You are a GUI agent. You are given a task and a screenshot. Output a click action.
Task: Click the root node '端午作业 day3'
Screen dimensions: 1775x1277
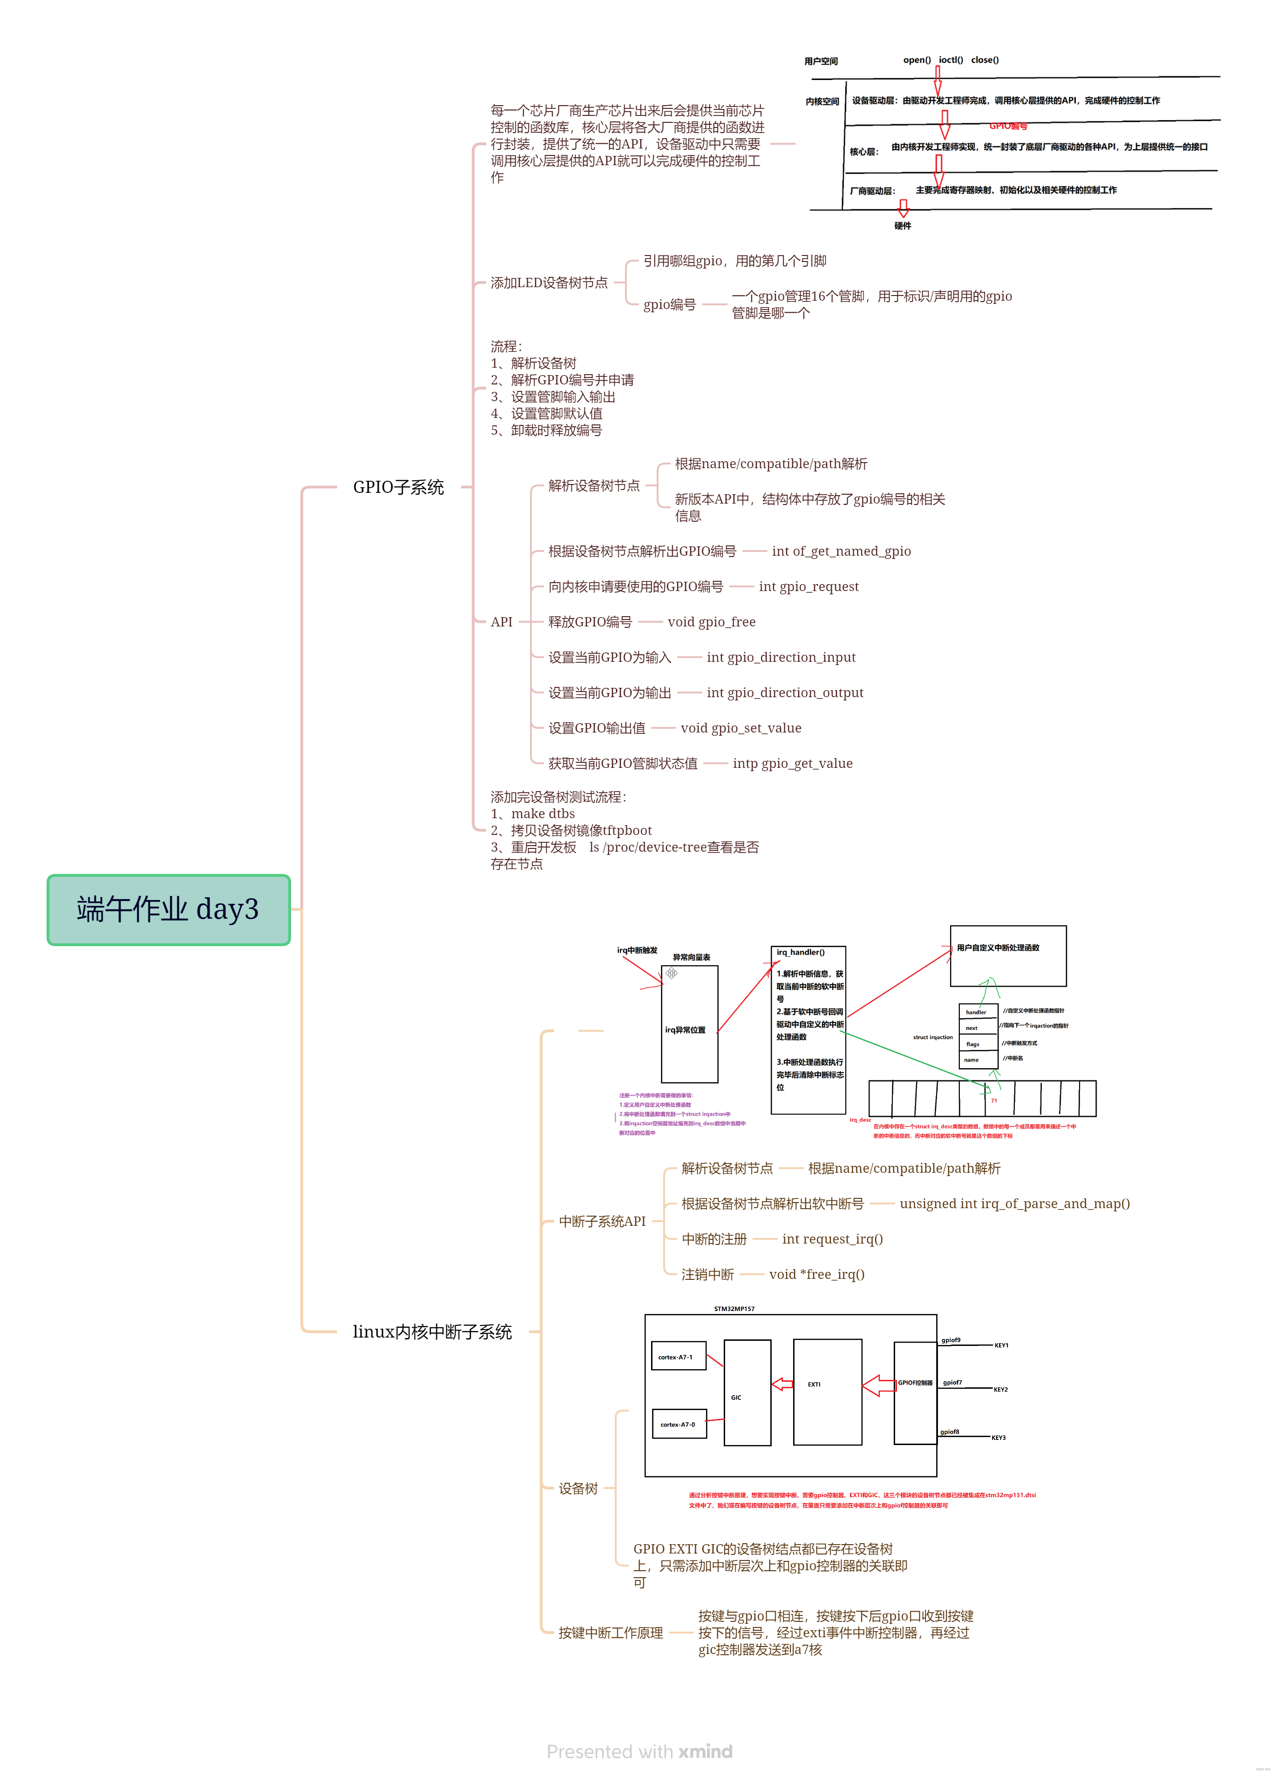[168, 909]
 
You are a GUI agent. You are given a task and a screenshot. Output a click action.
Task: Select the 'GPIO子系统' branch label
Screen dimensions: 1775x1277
[399, 487]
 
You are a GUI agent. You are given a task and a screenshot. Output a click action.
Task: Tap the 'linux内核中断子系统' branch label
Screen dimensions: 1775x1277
[432, 1331]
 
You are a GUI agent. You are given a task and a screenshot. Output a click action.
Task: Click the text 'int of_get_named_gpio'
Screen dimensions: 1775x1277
[841, 551]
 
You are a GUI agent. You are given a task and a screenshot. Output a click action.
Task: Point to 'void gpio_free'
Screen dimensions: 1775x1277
[711, 621]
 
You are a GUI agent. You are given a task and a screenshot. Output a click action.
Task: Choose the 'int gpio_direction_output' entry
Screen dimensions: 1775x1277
[785, 692]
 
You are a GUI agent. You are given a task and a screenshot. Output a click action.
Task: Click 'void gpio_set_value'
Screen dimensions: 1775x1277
[740, 728]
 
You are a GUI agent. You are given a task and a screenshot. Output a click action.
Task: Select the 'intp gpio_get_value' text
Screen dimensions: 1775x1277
[792, 763]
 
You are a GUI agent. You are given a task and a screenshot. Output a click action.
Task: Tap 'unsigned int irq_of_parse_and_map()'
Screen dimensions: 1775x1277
[1014, 1204]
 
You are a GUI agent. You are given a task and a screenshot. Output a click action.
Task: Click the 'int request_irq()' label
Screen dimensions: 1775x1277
[832, 1239]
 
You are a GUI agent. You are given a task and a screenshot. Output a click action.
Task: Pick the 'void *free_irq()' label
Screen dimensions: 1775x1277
[816, 1274]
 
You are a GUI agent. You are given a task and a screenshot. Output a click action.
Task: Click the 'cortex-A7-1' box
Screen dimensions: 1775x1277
[678, 1356]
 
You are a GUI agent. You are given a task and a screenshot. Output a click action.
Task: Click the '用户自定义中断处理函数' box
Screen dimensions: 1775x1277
[1008, 955]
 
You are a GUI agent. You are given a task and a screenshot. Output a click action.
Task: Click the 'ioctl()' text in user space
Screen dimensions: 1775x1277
[951, 60]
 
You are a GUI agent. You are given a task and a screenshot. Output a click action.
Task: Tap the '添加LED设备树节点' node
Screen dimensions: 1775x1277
[549, 282]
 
